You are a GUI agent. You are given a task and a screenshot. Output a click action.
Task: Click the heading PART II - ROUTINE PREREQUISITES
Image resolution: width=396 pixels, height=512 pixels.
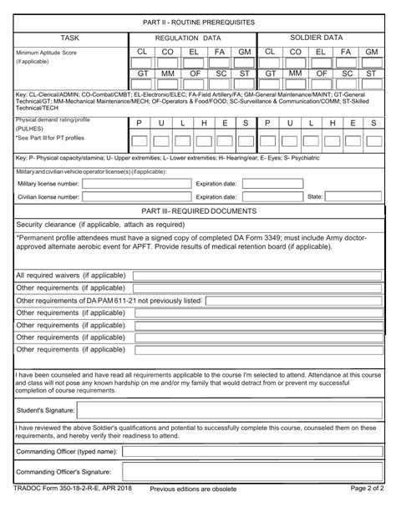[x=199, y=20]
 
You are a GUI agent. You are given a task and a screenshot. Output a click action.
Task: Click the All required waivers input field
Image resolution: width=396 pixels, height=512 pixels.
[x=256, y=275]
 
